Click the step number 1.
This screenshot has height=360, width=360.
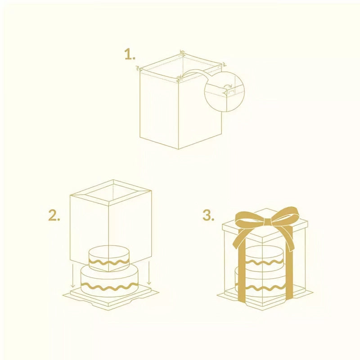(130, 54)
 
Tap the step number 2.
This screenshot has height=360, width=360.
(54, 216)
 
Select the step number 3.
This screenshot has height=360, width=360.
(208, 216)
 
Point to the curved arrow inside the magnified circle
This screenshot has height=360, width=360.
(228, 85)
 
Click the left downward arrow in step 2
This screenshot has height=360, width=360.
(72, 275)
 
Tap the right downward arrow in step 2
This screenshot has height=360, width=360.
(149, 273)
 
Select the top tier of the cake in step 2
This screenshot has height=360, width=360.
(109, 258)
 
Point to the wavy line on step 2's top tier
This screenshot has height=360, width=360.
(109, 262)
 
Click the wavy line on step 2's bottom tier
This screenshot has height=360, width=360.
(109, 287)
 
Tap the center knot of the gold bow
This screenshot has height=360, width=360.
(267, 222)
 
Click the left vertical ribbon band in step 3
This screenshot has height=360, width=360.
(242, 271)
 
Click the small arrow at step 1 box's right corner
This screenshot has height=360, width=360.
(224, 64)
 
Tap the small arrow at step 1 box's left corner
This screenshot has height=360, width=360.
(137, 68)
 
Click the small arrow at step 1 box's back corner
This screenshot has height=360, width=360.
(182, 52)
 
